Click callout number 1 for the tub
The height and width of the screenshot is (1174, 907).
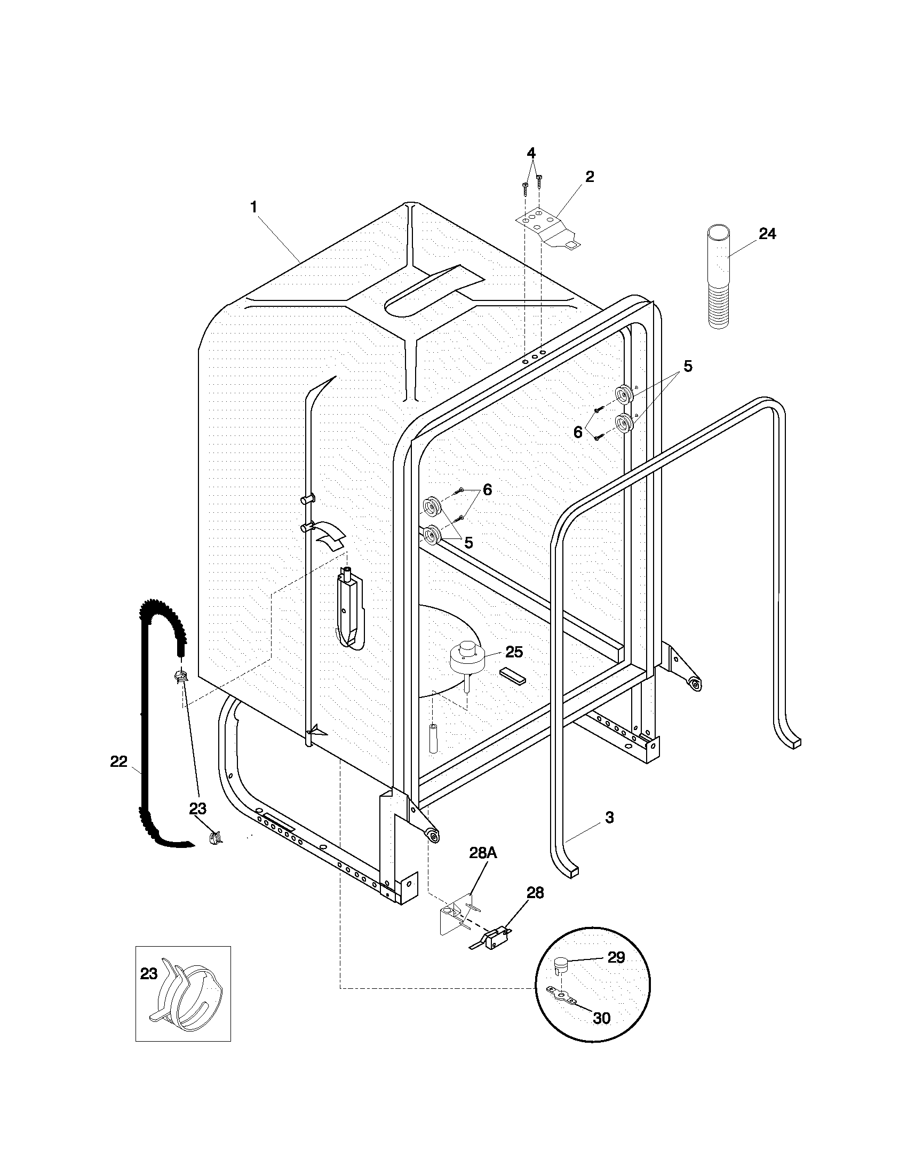pos(253,207)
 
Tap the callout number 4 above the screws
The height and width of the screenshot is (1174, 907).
pos(531,153)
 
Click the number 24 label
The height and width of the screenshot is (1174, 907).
pos(767,234)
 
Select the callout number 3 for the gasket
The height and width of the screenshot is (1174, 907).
pos(609,817)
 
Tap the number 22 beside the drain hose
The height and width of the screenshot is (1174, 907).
pos(119,761)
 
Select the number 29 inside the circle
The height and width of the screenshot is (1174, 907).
pos(616,957)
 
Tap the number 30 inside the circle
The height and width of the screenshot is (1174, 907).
pos(602,1019)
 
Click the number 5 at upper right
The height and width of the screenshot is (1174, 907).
pos(687,367)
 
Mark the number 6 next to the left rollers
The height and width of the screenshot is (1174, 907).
pos(487,489)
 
